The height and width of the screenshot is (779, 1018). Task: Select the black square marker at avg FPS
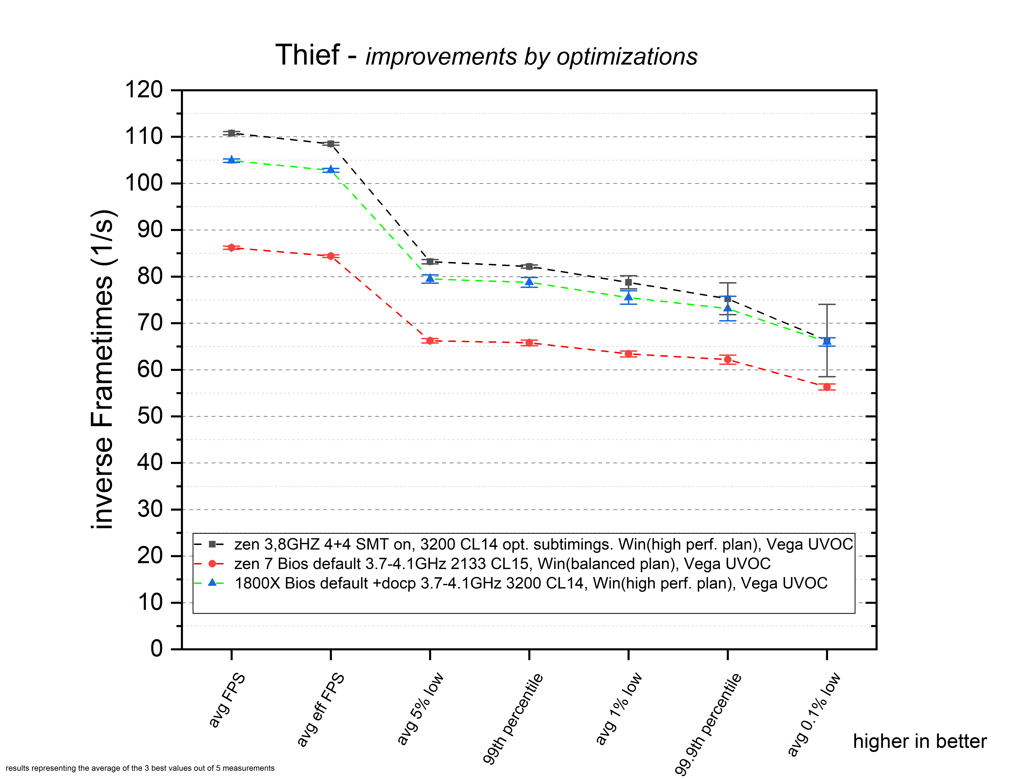click(x=231, y=133)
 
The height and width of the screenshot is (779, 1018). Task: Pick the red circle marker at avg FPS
click(x=231, y=248)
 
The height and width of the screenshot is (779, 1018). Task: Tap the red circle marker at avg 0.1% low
click(x=827, y=387)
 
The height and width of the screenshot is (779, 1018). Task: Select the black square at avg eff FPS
click(x=331, y=144)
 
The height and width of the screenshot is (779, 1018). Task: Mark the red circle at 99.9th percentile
click(x=728, y=359)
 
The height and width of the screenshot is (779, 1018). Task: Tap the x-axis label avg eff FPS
click(x=321, y=709)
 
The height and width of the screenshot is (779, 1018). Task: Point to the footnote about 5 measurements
click(x=140, y=768)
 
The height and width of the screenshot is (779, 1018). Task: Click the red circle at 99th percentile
click(x=529, y=343)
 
